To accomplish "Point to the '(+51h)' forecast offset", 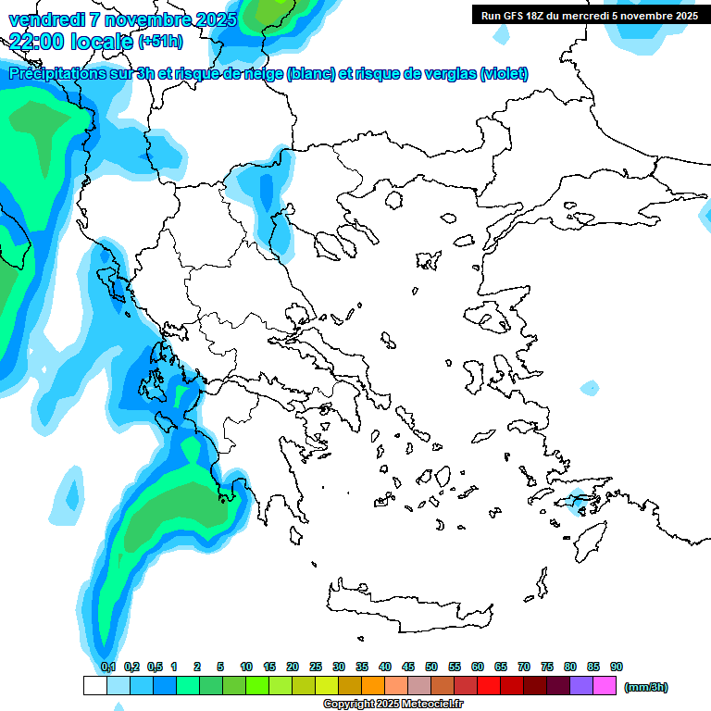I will tap(159, 42).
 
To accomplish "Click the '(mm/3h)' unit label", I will tap(646, 687).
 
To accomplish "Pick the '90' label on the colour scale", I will tap(617, 667).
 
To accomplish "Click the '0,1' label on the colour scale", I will tap(108, 667).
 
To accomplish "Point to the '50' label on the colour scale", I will tap(431, 667).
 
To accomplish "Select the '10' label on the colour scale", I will tap(246, 667).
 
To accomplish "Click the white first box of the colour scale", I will tap(94, 685).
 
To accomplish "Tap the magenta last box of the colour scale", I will tap(605, 685).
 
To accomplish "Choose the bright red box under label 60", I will tap(489, 685).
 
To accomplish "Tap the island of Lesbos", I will tap(494, 320).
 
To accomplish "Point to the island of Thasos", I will tap(393, 200).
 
